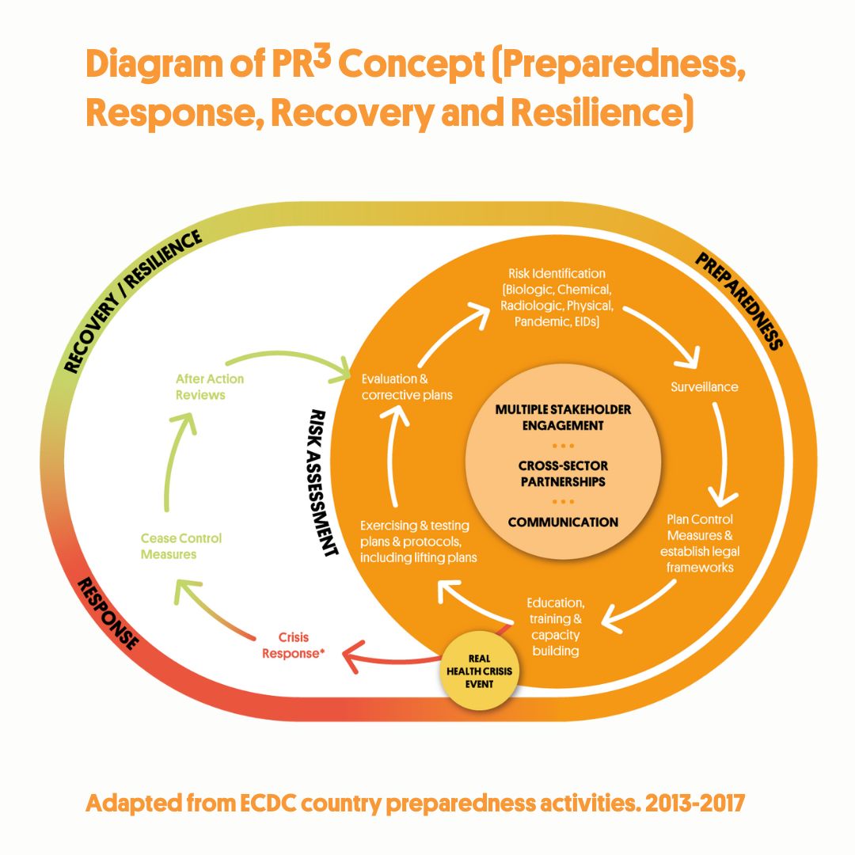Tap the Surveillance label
[704, 387]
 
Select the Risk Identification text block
[551, 298]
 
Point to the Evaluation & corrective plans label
[406, 386]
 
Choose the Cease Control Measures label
[181, 546]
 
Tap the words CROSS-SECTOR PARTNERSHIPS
[563, 473]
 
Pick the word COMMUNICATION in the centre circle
[563, 522]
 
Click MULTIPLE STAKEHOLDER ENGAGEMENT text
[563, 417]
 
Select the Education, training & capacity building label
[555, 626]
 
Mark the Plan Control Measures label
[700, 543]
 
